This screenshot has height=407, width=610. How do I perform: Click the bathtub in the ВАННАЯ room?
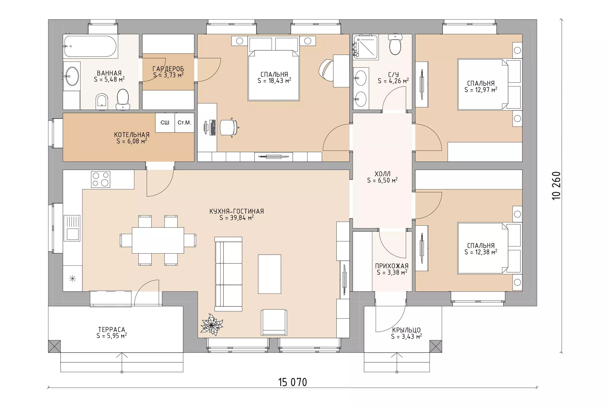tap(90, 46)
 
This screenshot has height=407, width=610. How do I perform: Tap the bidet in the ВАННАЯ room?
tap(102, 102)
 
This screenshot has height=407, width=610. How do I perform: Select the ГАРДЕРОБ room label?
tap(168, 69)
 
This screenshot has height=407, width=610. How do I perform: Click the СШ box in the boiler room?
tap(165, 123)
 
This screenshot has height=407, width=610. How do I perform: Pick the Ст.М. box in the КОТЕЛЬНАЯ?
tap(184, 123)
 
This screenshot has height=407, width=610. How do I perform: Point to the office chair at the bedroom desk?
tap(229, 127)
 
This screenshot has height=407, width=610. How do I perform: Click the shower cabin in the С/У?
tap(365, 47)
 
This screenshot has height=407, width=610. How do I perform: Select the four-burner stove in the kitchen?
tap(101, 179)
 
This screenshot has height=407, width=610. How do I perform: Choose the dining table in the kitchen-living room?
tap(158, 240)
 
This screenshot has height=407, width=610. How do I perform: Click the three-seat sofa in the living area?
tap(228, 274)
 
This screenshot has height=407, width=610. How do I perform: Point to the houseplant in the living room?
tap(212, 325)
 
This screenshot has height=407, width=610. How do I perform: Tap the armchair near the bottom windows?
tap(274, 322)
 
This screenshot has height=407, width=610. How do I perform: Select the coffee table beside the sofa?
tap(269, 274)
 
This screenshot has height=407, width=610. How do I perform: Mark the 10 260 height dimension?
tap(557, 186)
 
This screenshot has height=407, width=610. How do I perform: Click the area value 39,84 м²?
tap(237, 218)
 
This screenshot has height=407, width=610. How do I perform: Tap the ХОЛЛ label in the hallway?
tap(382, 174)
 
